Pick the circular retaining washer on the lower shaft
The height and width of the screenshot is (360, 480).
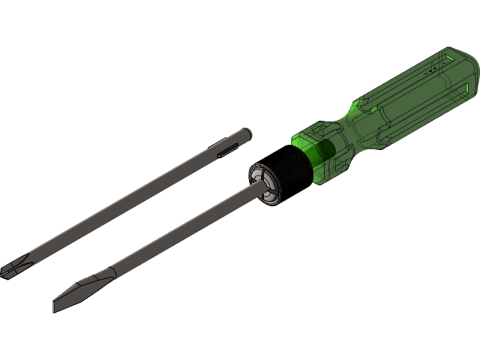[x=264, y=181]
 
